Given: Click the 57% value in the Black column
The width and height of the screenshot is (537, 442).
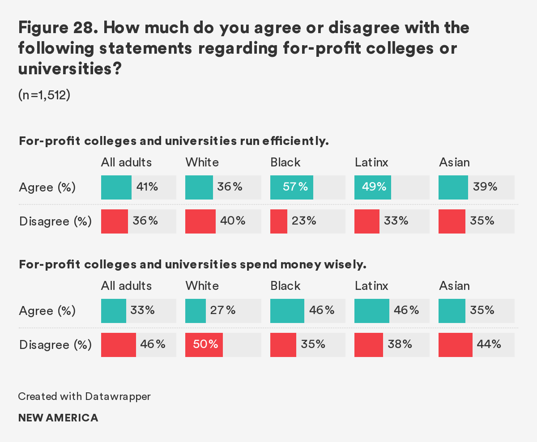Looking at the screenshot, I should click(295, 187).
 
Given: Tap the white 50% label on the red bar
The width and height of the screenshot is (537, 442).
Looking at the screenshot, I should click(206, 344).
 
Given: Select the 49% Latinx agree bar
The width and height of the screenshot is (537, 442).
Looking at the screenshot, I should click(372, 187).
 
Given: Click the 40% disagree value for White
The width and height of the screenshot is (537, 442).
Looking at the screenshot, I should click(233, 221).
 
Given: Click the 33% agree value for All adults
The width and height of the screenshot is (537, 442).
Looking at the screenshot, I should click(142, 310).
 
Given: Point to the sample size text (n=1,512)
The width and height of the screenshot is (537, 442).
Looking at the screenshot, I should click(44, 95).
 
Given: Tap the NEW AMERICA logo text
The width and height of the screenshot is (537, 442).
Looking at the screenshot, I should click(58, 418).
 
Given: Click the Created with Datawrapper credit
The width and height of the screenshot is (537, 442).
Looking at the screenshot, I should click(84, 396).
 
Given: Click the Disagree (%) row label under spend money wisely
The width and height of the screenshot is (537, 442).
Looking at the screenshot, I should click(55, 345).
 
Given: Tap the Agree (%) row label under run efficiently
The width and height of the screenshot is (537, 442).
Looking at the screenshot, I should click(47, 187).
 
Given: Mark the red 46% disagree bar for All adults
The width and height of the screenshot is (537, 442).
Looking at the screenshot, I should click(118, 344).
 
